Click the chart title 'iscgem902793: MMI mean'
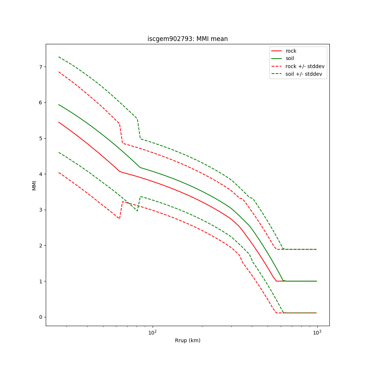[187, 39]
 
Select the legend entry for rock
[291, 51]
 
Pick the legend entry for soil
[290, 59]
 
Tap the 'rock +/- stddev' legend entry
[305, 66]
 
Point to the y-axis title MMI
[34, 185]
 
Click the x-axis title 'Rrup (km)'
[187, 340]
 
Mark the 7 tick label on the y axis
[41, 67]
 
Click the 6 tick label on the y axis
[41, 102]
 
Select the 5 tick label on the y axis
[41, 138]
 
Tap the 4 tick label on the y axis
[41, 174]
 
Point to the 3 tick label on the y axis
[41, 210]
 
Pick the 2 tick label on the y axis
[41, 246]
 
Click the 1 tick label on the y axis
[41, 281]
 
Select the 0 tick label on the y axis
[41, 317]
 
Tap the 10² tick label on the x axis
[152, 332]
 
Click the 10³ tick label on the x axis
[317, 332]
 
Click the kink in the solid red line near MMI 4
[120, 171]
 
